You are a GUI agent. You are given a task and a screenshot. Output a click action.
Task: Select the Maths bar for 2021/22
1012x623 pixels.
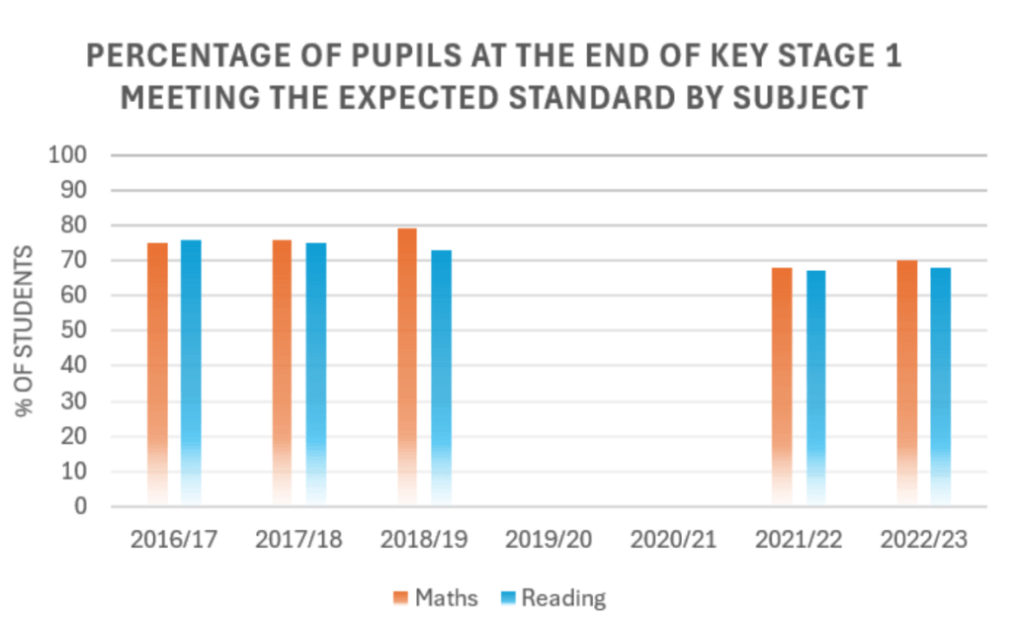(x=782, y=387)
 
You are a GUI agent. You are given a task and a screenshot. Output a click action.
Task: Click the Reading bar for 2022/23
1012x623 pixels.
(x=940, y=387)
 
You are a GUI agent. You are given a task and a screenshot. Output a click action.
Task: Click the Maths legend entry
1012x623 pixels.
(x=435, y=597)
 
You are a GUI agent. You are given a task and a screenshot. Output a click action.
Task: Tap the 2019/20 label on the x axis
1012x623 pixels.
(x=548, y=540)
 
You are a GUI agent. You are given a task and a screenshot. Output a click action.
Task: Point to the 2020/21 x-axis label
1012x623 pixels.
(x=673, y=540)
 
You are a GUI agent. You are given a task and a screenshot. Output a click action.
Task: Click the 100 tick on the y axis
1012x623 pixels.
(x=75, y=155)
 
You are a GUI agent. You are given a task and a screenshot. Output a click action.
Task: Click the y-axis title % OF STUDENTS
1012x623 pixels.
(x=26, y=331)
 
